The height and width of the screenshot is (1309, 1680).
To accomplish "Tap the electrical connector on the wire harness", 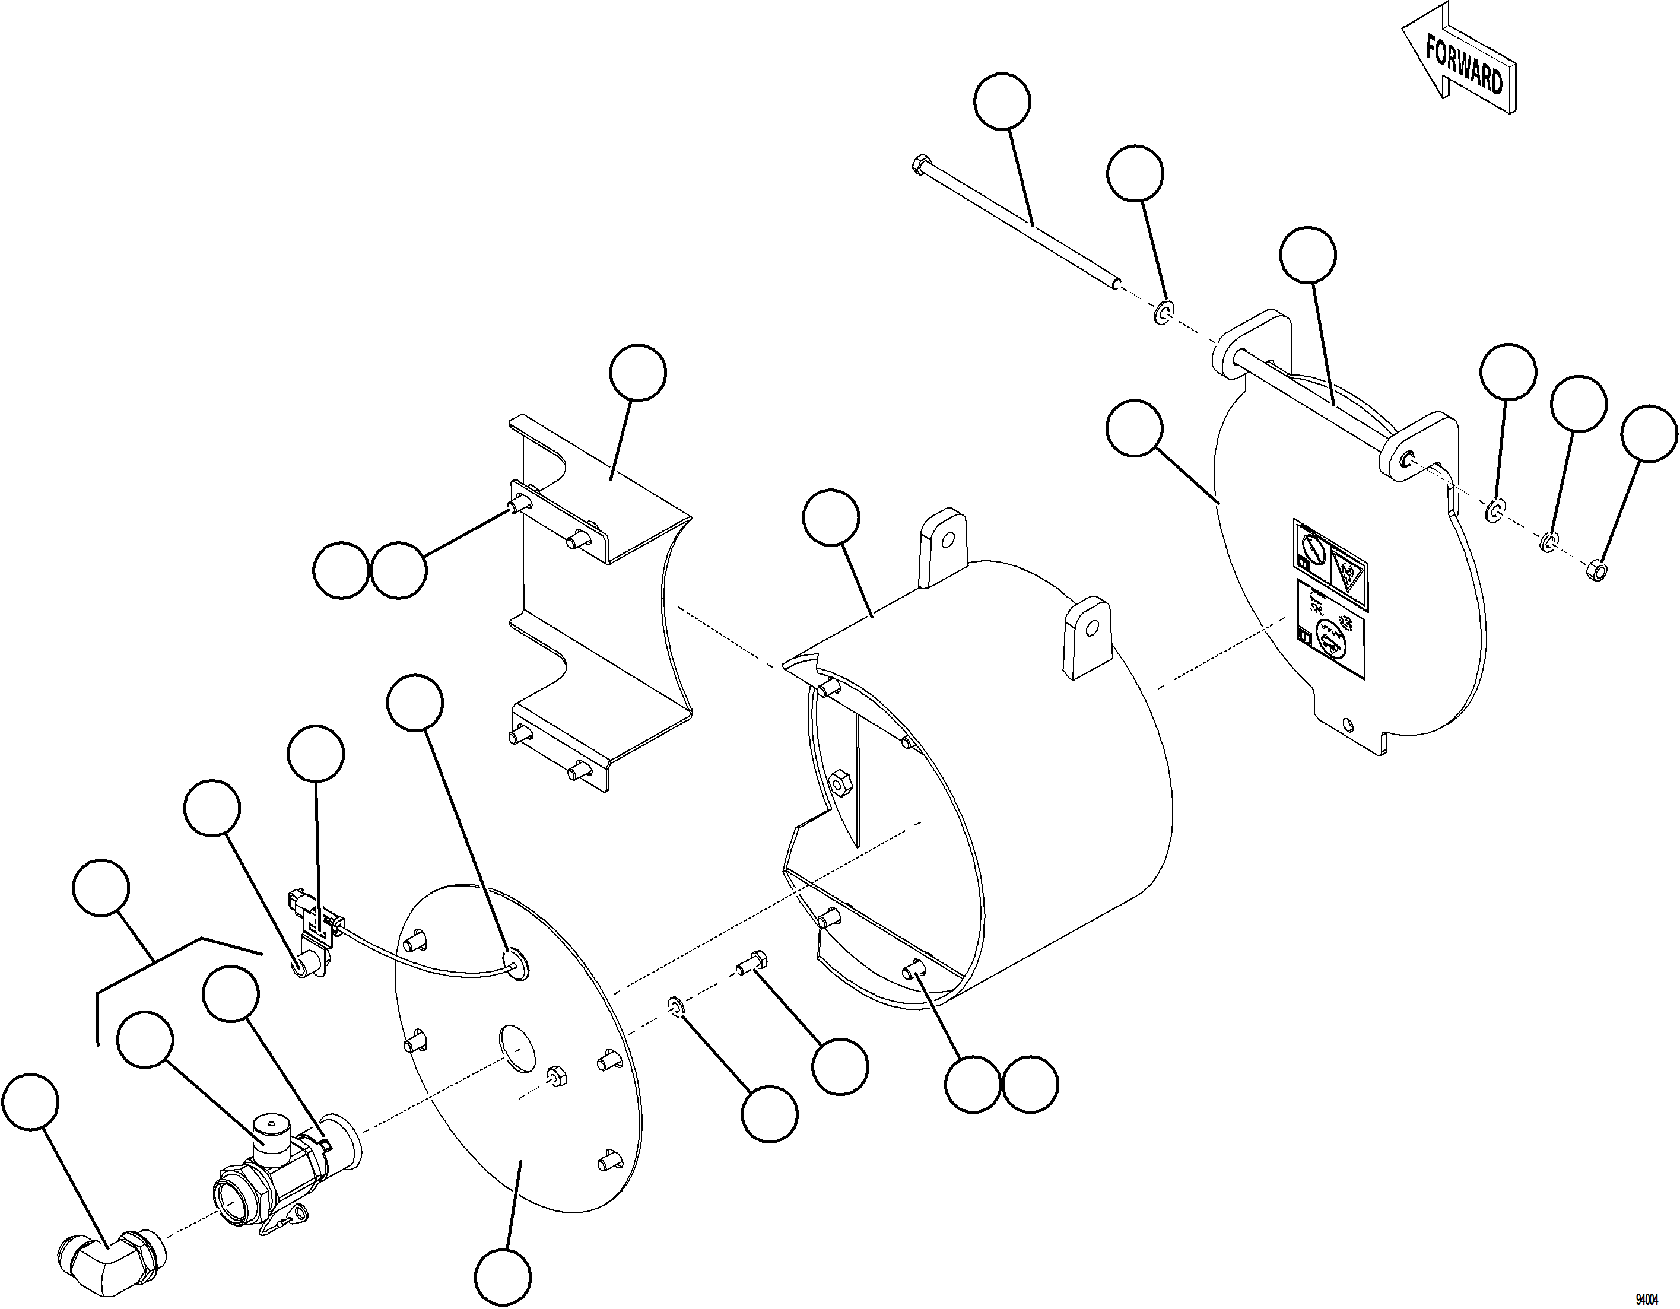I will click(298, 900).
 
